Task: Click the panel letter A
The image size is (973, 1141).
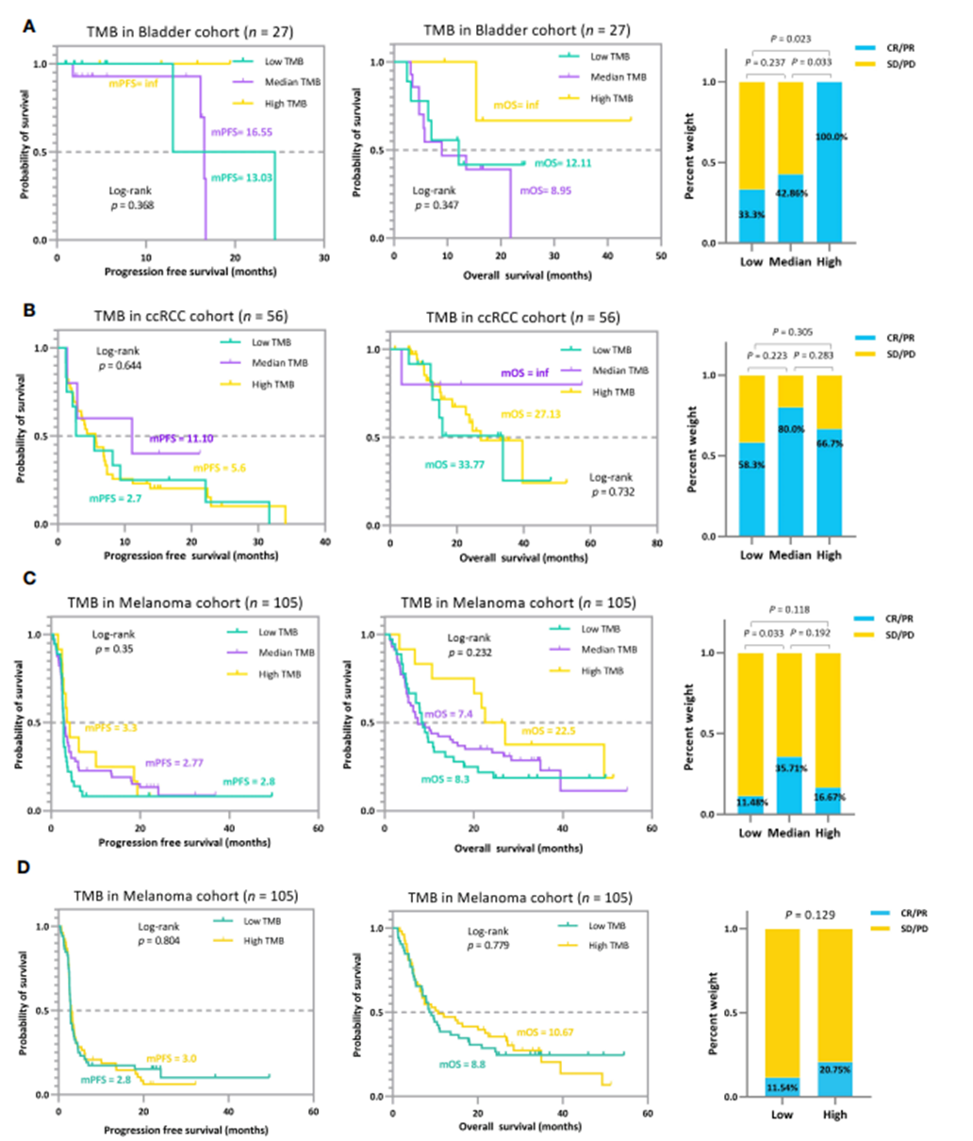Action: [29, 27]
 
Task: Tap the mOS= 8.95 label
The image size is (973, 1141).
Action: [546, 190]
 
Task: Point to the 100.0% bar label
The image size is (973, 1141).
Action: [830, 137]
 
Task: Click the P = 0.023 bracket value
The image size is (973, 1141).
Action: [790, 40]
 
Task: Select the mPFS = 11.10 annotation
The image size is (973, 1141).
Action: [181, 438]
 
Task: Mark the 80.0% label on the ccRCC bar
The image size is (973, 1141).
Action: [790, 429]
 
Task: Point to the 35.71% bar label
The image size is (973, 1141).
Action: [789, 769]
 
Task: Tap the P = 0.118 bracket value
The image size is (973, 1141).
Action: [790, 609]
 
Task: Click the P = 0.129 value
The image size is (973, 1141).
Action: [809, 915]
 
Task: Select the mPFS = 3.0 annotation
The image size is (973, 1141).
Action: [172, 1059]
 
